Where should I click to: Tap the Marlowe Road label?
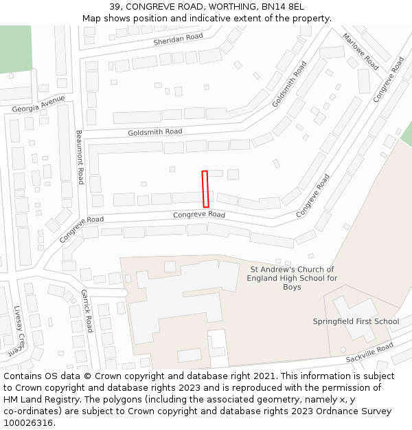[x=360, y=52]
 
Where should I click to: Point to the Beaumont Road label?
[x=80, y=157]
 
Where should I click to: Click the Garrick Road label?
[x=87, y=310]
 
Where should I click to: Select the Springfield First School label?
[x=356, y=321]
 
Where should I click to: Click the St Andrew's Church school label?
[x=292, y=278]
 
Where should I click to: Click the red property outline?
[x=205, y=189]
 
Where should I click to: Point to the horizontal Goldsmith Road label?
[x=154, y=131]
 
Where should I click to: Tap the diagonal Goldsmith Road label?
[x=289, y=84]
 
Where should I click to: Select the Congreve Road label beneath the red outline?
[x=199, y=215]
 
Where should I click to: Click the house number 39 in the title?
[x=114, y=7]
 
